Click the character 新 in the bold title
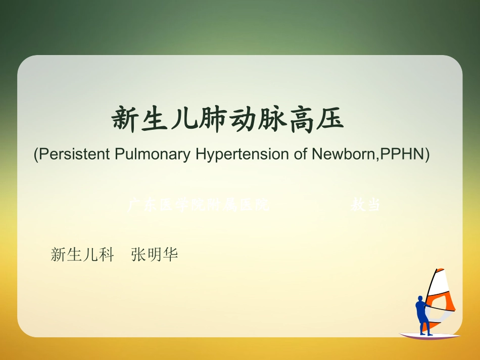[125, 120]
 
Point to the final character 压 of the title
[329, 120]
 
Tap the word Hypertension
[242, 154]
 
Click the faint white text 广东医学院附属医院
[198, 205]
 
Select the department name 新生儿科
[82, 254]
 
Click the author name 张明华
[155, 254]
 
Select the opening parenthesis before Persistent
[36, 154]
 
